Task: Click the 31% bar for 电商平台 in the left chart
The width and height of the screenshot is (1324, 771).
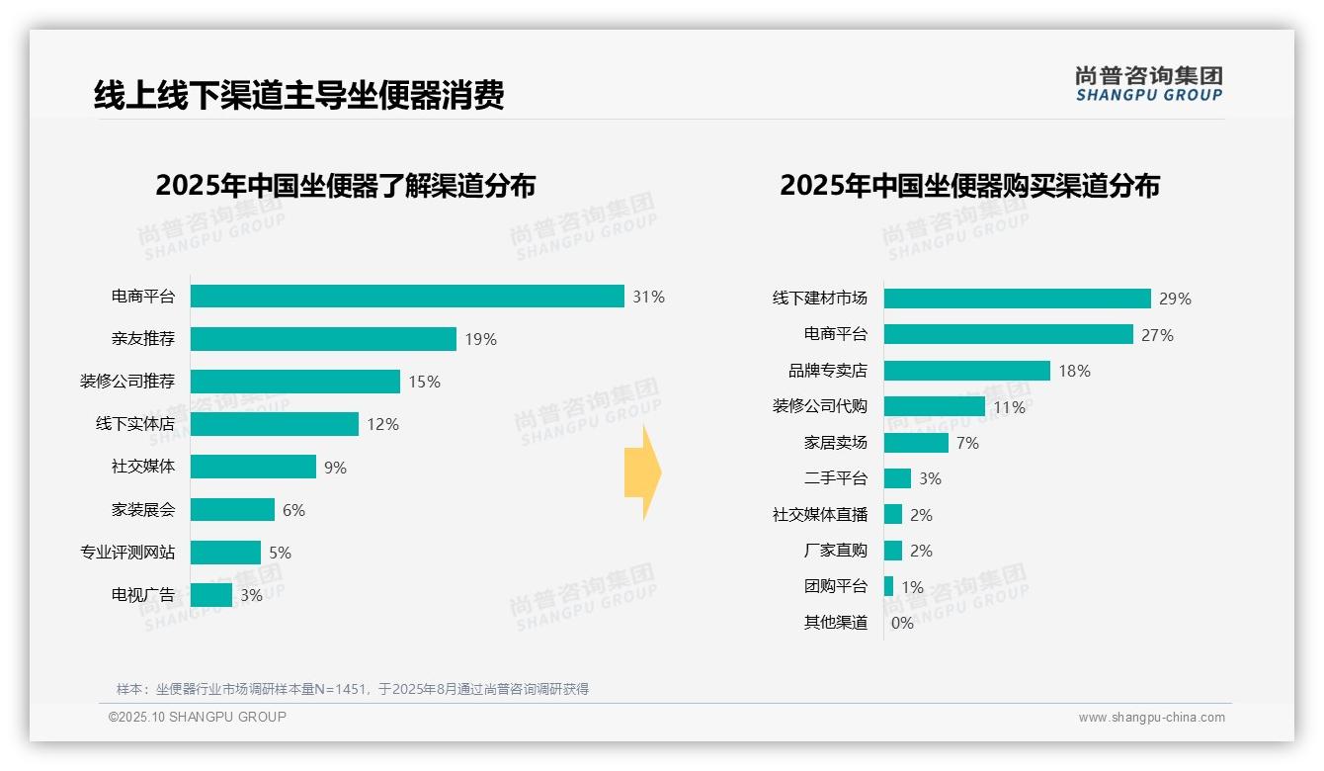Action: tap(407, 297)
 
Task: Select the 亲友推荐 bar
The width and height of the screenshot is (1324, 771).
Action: tap(323, 339)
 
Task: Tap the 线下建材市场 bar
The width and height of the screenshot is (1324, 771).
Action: tap(1017, 299)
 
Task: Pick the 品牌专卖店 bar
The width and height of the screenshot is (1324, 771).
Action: tap(966, 371)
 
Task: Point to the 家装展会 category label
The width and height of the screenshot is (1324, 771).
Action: tap(143, 510)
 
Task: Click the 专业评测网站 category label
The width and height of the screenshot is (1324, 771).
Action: tap(127, 553)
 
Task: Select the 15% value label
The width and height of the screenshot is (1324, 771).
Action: tap(424, 382)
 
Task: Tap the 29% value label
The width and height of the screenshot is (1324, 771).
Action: tap(1175, 299)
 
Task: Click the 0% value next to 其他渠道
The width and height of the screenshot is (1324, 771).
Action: tap(902, 623)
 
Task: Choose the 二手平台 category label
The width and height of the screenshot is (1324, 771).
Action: tap(835, 478)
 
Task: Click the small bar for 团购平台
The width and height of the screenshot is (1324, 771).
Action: tap(888, 586)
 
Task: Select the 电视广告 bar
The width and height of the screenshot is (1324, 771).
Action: tap(210, 595)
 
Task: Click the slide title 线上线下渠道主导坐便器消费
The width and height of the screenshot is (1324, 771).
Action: tap(298, 95)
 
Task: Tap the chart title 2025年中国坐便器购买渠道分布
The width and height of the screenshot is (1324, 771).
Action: tap(969, 186)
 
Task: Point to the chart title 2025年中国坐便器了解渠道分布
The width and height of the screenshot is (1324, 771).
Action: tap(345, 186)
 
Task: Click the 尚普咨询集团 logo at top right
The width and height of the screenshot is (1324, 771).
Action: tap(1148, 84)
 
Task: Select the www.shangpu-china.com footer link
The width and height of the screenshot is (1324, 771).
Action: tap(1151, 718)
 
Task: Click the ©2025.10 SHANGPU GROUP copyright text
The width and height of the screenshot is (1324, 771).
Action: tap(198, 718)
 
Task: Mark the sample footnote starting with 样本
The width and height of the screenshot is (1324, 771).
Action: tap(353, 689)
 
